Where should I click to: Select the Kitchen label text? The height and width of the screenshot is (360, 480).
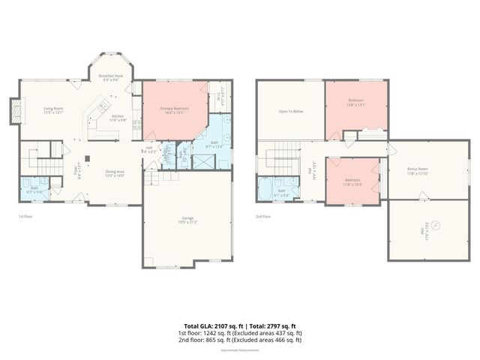118,118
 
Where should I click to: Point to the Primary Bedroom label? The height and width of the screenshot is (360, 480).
174,109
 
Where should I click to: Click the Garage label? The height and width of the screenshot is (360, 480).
187,220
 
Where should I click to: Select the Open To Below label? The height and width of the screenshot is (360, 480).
290,111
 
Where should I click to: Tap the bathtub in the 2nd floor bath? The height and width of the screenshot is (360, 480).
267,188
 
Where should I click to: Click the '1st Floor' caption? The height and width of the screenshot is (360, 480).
27,216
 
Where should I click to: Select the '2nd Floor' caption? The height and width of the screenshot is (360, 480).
262,216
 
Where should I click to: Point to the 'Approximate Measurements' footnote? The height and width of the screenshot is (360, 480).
240,350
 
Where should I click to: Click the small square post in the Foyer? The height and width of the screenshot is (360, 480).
87,157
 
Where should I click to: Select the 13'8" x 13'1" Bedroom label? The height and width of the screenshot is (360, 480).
355,102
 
